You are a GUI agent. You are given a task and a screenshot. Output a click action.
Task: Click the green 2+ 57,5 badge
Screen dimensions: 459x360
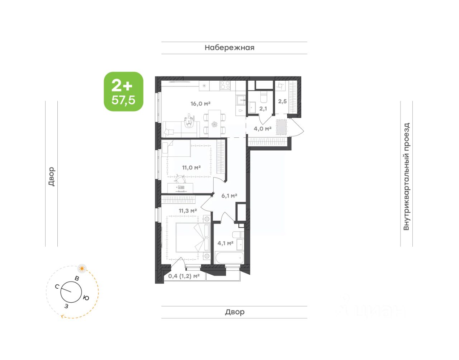[123, 91]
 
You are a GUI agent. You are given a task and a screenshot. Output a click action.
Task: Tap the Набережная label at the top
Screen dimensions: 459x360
[229, 48]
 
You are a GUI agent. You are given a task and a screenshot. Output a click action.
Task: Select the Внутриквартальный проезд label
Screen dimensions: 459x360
[406, 176]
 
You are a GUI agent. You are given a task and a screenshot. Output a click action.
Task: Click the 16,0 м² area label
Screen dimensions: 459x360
[200, 104]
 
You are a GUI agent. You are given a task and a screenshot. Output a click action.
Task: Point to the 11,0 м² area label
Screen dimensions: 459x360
[191, 168]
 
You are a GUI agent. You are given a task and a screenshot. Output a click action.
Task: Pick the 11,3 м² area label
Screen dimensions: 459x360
[188, 211]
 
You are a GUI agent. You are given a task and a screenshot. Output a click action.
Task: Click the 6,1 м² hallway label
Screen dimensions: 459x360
[229, 196]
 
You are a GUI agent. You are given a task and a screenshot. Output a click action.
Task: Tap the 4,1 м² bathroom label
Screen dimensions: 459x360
[226, 243]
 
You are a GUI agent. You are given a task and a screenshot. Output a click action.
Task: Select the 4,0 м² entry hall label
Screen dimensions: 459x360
[262, 128]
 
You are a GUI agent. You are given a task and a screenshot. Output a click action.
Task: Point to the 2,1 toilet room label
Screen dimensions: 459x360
[263, 109]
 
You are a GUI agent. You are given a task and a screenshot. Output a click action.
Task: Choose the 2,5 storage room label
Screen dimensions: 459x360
[282, 101]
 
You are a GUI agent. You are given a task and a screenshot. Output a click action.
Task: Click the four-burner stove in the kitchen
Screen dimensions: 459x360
[225, 85]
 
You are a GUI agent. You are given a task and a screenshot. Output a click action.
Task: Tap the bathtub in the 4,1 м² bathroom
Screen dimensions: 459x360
[229, 257]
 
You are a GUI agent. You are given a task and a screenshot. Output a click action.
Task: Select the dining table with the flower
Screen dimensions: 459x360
[214, 123]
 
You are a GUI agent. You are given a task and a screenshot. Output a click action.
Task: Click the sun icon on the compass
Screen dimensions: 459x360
[82, 269]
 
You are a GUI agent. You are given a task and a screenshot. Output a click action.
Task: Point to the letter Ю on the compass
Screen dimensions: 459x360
[86, 298]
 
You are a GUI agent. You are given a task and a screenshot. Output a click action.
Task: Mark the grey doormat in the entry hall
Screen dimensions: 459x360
[281, 127]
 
